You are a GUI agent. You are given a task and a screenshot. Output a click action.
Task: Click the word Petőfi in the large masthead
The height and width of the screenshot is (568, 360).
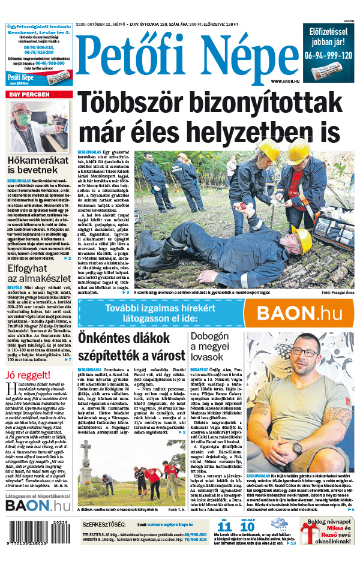click(122, 56)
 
